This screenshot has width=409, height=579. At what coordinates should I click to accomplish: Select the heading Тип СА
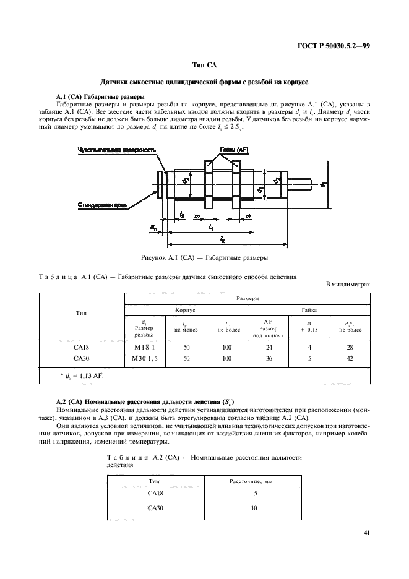[204, 65]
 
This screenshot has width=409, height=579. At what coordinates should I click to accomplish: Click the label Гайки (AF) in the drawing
[235, 150]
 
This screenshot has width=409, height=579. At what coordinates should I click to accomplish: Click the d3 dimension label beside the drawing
[323, 184]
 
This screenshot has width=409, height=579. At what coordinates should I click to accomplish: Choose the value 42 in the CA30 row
[350, 358]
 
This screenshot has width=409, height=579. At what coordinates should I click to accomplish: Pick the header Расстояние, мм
[255, 481]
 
